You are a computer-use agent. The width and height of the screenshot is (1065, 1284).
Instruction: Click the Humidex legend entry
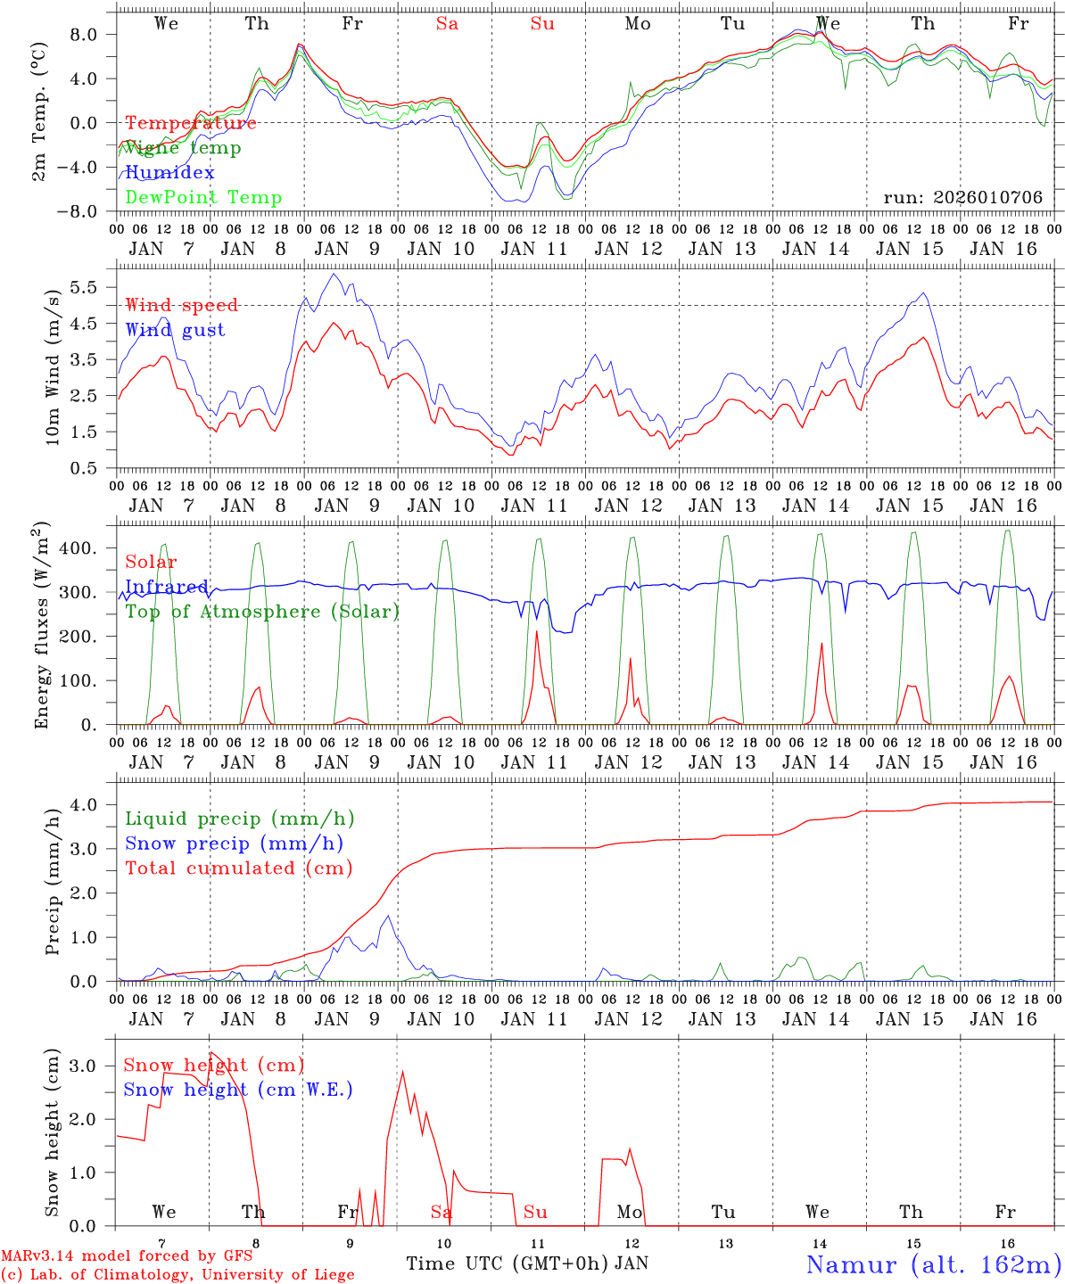coord(169,172)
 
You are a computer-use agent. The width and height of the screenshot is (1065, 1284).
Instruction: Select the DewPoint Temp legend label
coord(203,197)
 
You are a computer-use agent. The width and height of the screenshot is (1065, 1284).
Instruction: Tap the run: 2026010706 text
coord(962,197)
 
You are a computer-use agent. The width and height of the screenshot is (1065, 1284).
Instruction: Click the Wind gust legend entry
coord(175,330)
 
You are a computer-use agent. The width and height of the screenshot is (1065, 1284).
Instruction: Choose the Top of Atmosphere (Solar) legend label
coord(262,612)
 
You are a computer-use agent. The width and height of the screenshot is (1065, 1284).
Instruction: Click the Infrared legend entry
coord(167,587)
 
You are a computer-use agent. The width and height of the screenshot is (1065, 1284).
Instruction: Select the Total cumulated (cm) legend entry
coord(239,868)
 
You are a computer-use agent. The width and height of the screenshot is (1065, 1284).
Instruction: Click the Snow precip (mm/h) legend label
coord(234,844)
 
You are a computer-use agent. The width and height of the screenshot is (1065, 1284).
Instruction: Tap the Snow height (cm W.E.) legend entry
coord(238,1090)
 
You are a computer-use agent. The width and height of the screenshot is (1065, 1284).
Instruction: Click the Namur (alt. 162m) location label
coord(933,1263)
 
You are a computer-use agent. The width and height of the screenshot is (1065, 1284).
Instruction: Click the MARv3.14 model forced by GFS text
coord(126,1256)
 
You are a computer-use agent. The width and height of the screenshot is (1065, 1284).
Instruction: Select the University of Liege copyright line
coord(177,1275)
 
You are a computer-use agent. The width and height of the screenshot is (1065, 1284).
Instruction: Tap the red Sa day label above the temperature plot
coord(447,24)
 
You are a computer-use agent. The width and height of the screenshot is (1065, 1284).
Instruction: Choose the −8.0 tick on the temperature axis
coord(88,211)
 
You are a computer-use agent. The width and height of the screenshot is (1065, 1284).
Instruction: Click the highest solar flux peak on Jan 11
coord(537,631)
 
